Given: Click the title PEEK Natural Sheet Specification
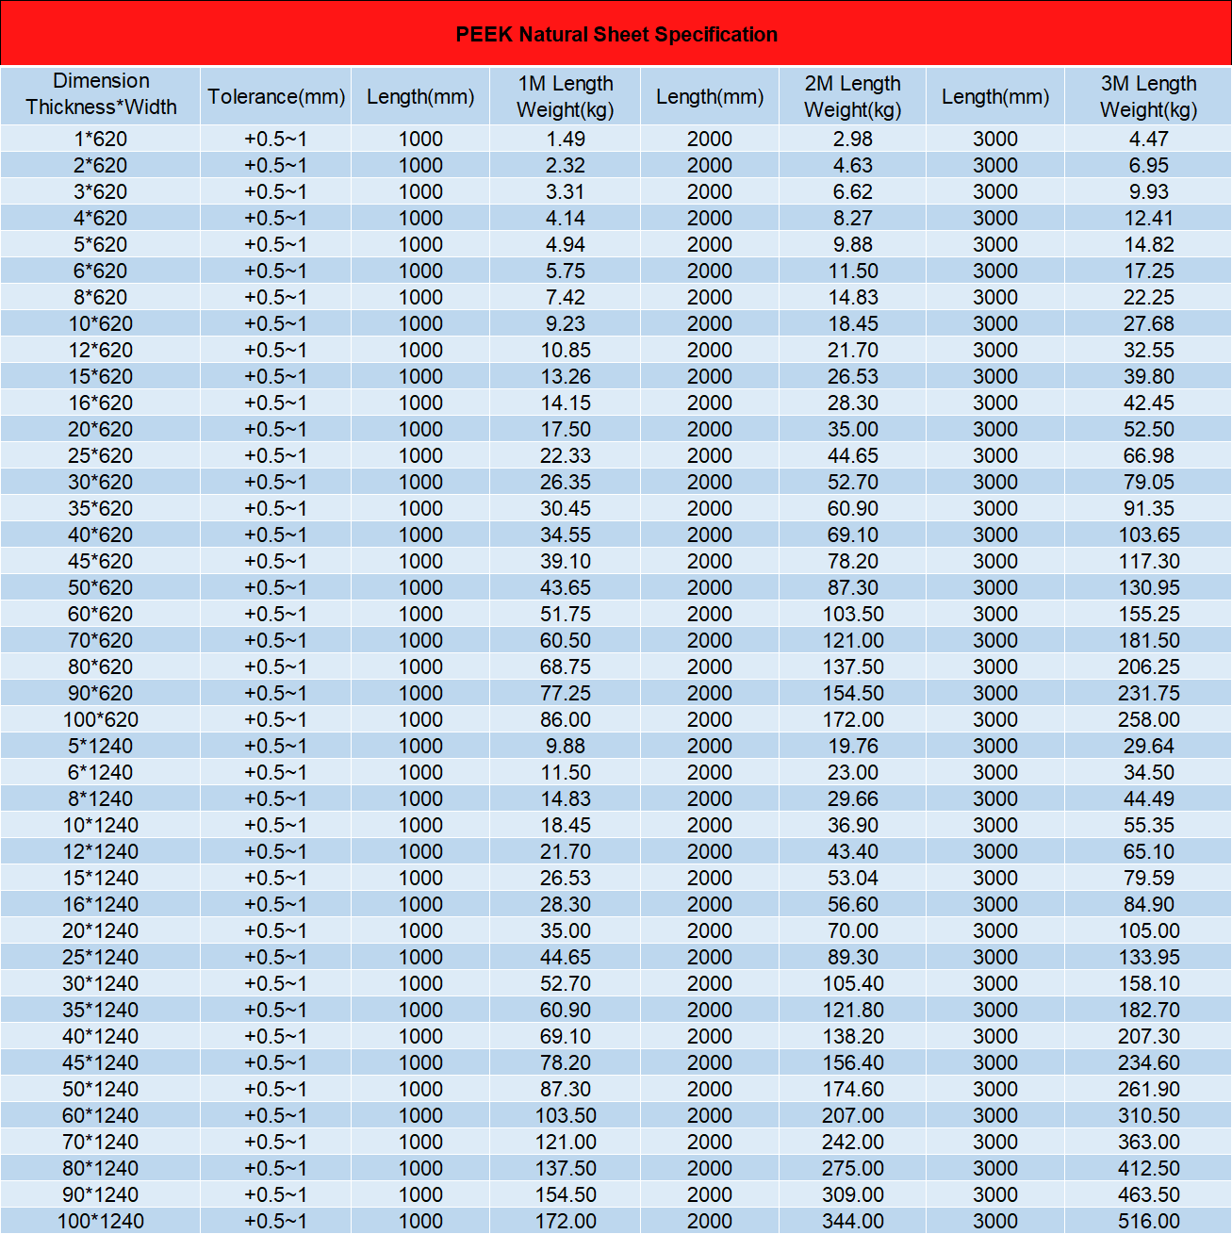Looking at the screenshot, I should pos(616,35).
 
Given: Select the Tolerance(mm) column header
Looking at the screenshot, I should pos(276,96).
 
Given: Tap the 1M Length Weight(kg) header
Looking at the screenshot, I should pos(565,96).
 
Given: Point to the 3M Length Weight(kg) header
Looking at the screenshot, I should pos(1148,96).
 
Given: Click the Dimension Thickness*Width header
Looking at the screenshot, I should pos(101,94).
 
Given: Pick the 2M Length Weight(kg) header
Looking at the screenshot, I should pos(852,96).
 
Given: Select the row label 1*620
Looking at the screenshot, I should pos(101,139).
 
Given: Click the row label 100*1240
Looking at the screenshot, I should pos(101,1221).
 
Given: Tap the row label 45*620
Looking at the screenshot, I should pos(101,561).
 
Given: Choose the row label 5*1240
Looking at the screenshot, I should pos(101,746).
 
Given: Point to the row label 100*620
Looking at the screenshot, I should pos(101,719).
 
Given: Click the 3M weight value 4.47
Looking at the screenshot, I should pos(1148,139).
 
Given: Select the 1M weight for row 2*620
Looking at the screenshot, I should pos(565,165).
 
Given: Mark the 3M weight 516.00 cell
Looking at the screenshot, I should pos(1148,1221).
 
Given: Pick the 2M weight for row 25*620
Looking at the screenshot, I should pos(852,455).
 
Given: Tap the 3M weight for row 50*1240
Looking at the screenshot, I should pos(1148,1089).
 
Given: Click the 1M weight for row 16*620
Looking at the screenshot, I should pos(565,403).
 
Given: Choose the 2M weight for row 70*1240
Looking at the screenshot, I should pos(852,1142).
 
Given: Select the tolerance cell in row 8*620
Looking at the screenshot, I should pos(276,297).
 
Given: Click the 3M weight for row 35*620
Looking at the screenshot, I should pos(1148,508).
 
